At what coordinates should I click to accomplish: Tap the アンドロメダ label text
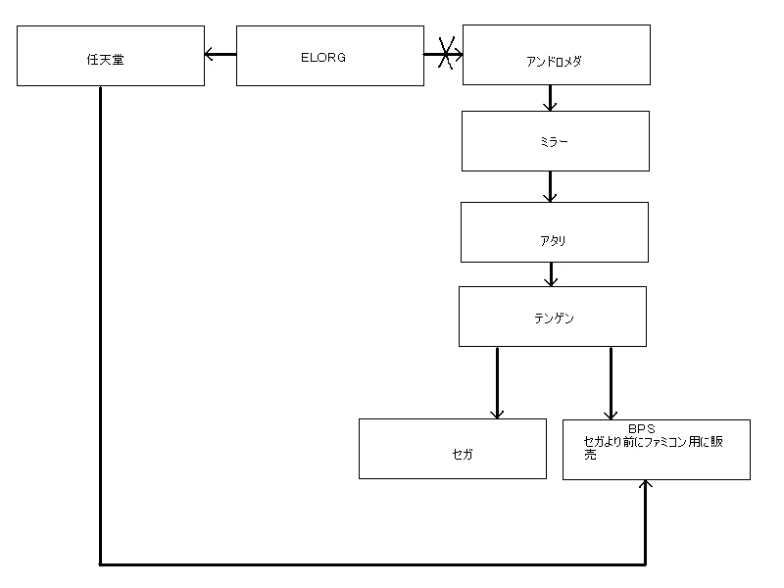tap(555, 61)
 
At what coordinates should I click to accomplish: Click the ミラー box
tap(555, 141)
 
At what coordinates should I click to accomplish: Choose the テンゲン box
tap(553, 316)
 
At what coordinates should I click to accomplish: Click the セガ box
tap(452, 449)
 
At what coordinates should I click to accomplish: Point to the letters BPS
tap(641, 428)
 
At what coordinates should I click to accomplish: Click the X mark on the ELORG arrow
tap(445, 54)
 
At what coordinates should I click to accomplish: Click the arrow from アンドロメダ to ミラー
tap(551, 97)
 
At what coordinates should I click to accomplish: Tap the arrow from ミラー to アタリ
tap(551, 186)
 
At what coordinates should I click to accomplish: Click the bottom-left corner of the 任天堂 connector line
tap(101, 563)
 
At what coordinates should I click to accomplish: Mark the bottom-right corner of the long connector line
tap(645, 563)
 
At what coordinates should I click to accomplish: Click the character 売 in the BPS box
tap(590, 455)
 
